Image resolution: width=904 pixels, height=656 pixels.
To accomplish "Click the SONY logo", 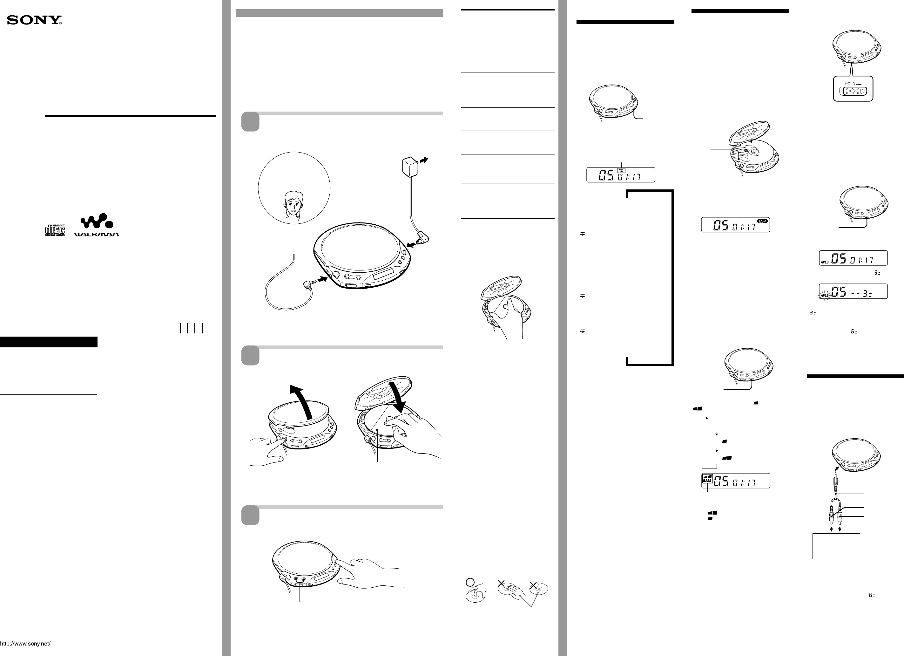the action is (34, 20).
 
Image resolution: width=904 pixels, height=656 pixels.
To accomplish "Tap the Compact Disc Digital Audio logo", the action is (55, 230).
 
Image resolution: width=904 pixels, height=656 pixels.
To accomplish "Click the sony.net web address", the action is (25, 644).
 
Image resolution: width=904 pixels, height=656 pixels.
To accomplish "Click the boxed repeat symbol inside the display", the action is (621, 170).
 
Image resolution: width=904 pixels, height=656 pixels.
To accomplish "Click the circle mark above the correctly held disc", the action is (470, 582).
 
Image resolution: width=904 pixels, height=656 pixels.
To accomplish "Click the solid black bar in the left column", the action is (49, 342).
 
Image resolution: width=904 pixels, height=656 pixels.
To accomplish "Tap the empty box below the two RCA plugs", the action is (836, 546).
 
